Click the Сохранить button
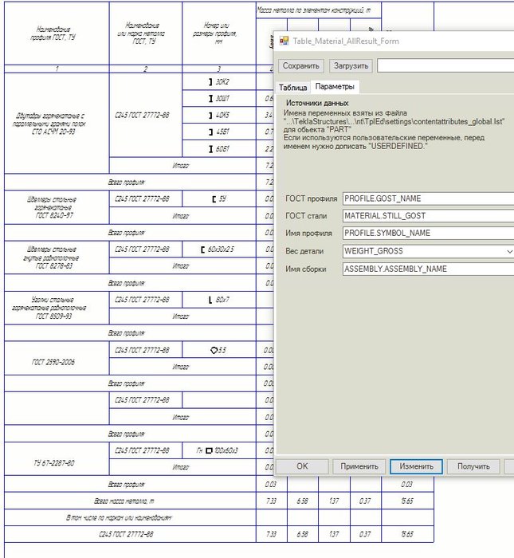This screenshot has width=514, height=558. [301, 65]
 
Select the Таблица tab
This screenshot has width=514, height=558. [292, 87]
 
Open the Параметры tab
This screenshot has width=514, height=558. [335, 86]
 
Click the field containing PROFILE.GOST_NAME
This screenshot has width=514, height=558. [427, 198]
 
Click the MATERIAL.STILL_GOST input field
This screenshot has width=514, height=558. [427, 216]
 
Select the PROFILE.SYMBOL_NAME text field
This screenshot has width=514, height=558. [427, 234]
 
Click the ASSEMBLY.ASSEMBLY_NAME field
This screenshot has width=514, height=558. [427, 269]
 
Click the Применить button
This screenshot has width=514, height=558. [359, 466]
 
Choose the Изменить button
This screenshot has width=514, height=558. [416, 466]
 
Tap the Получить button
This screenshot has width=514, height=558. [473, 466]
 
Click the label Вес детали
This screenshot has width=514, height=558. [304, 251]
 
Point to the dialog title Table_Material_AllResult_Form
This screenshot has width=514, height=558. [345, 41]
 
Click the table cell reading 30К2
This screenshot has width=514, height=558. [219, 82]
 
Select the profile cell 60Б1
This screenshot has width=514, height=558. [219, 149]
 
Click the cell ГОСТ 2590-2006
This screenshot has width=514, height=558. [56, 361]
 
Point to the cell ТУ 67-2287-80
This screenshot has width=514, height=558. [56, 462]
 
